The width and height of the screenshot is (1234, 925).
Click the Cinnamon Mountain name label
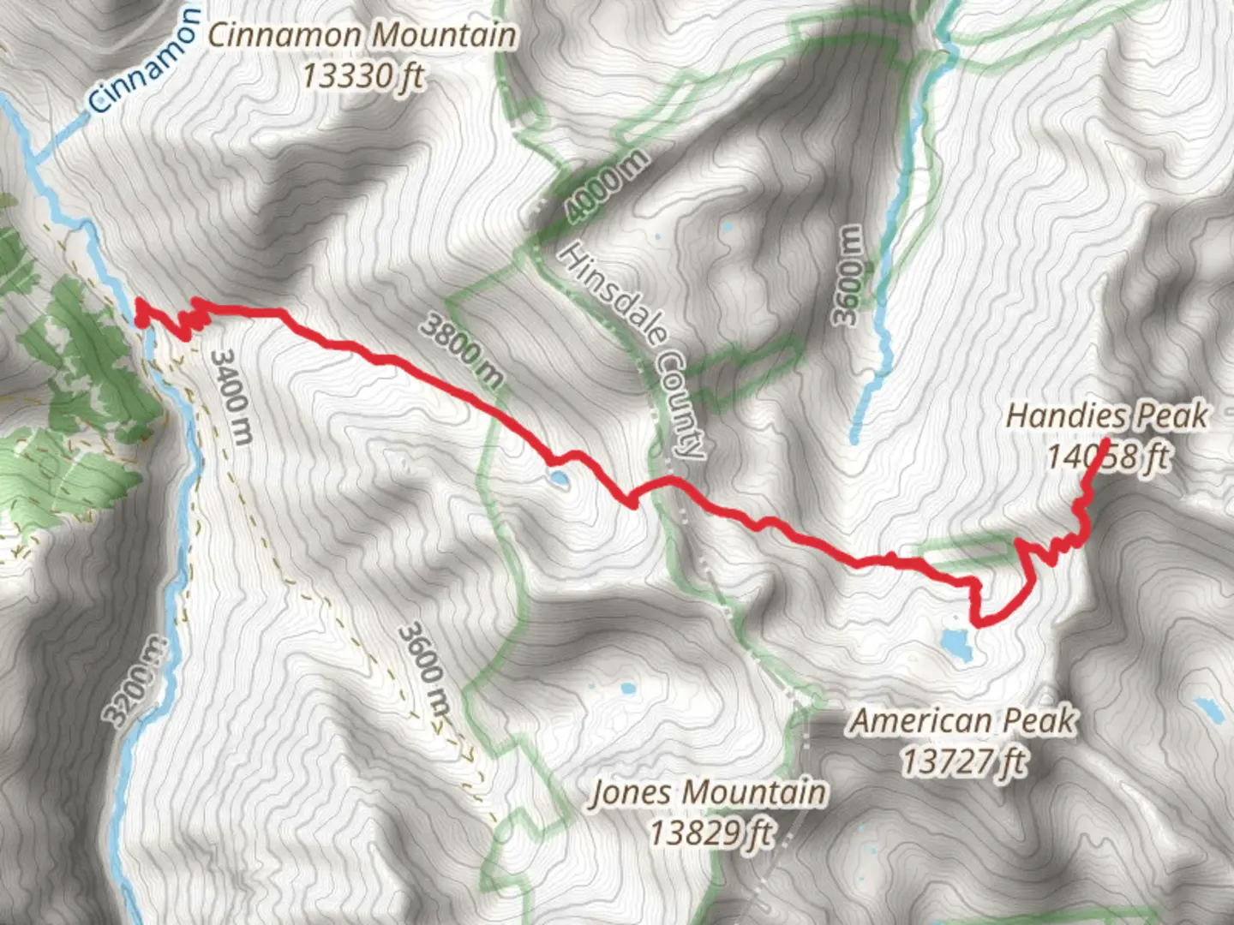click(362, 35)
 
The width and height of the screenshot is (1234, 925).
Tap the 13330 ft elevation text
click(362, 76)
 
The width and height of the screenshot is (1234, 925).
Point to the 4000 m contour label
click(606, 186)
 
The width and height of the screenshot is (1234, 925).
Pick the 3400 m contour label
click(231, 396)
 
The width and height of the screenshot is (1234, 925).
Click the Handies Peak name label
click(1106, 416)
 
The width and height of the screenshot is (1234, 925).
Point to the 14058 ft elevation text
click(1106, 457)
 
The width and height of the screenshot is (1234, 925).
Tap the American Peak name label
click(963, 721)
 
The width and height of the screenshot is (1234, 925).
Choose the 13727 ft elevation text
click(963, 761)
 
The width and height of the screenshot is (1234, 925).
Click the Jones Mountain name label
click(709, 792)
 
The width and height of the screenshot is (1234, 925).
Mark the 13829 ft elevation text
click(710, 832)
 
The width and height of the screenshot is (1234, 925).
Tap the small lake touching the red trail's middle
click(558, 480)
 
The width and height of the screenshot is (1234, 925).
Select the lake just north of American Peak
click(955, 643)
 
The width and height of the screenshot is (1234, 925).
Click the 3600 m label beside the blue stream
click(848, 276)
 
